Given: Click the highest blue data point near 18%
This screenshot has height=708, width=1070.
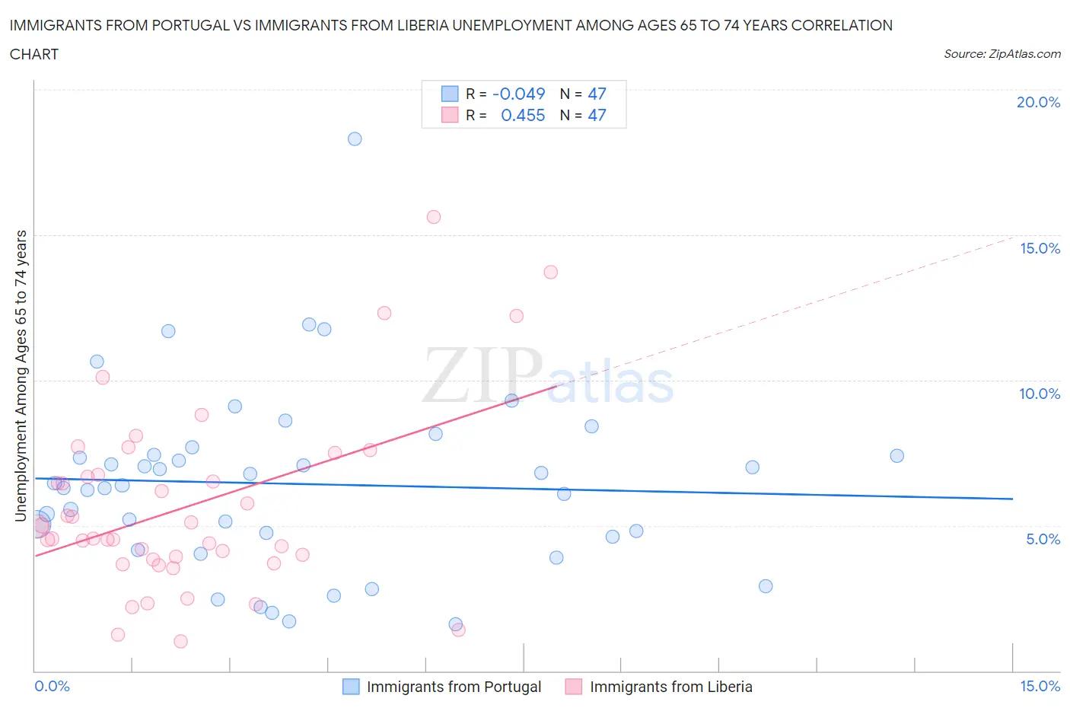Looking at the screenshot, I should coord(355,139).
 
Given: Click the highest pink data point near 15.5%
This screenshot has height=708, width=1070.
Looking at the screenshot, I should coord(434,217).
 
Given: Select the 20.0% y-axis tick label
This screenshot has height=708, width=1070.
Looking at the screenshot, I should coord(1038,102).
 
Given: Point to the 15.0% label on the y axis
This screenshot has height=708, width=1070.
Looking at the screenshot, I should coord(1040,248).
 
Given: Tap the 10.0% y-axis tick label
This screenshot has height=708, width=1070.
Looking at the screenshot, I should coord(1040,394).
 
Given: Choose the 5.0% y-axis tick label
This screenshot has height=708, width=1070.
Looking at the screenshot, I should coord(1043,539).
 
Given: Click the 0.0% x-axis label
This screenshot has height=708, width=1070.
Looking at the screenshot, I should coord(52,686).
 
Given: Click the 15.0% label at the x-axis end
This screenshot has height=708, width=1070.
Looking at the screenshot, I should coord(1040,686).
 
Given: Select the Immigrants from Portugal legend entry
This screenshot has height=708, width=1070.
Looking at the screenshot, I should coord(454,687).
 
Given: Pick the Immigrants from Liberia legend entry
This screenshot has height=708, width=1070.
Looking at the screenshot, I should coord(670,687).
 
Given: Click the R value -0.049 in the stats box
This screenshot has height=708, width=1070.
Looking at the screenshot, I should coord(519,94).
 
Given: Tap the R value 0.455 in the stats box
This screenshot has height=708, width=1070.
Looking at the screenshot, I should coord(523,115).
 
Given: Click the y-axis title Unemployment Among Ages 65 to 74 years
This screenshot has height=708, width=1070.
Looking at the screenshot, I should coord(21,376).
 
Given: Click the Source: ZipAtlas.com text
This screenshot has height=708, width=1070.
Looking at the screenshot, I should coord(1002,54).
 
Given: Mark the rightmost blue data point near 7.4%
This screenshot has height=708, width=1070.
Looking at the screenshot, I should coord(897,456).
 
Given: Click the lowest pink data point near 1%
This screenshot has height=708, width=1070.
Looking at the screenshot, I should coord(180,641).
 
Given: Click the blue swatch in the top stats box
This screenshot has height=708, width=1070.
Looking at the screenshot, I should coord(450,94).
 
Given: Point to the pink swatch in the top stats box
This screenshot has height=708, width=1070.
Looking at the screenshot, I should coord(450,115).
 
